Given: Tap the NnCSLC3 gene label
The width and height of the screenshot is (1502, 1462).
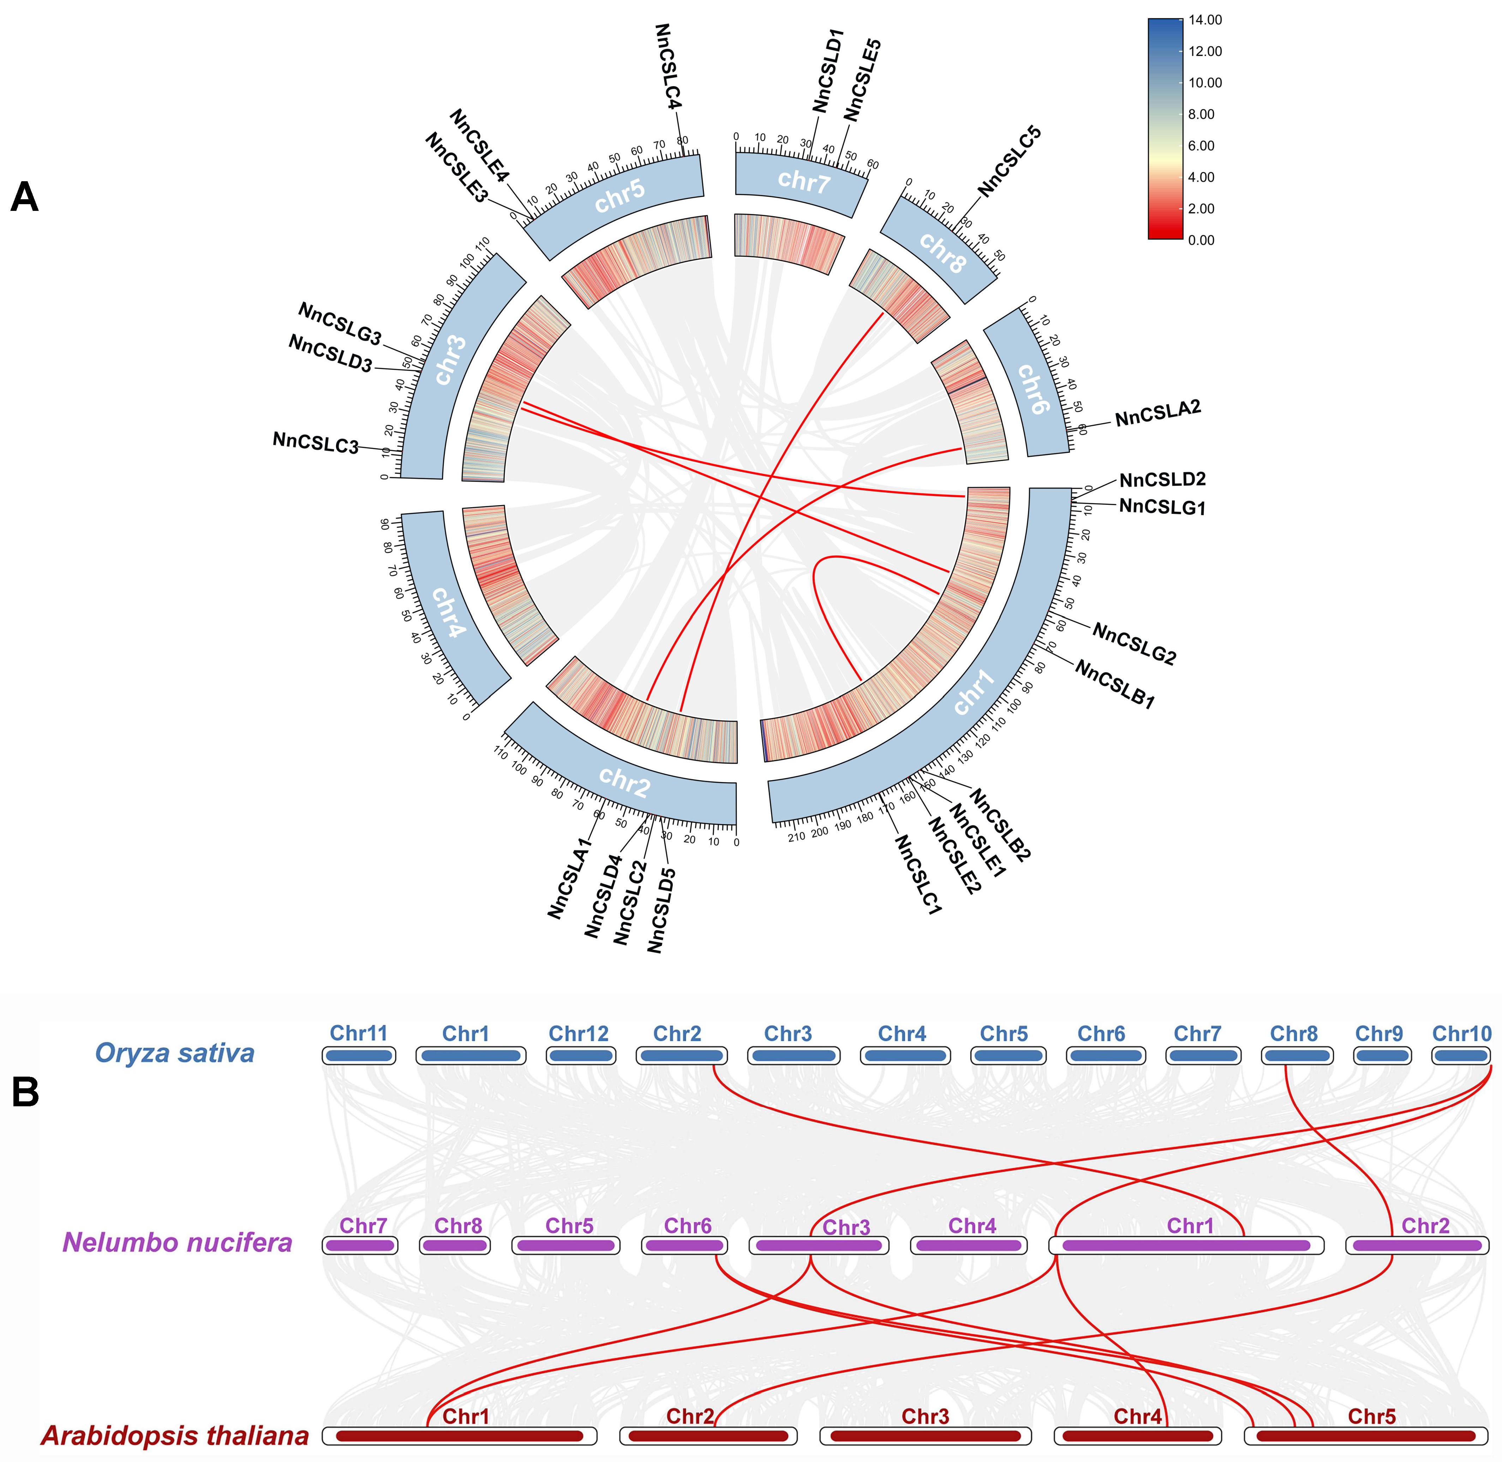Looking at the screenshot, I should pos(316,443).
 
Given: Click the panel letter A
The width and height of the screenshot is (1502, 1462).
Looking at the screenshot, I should pos(25,198).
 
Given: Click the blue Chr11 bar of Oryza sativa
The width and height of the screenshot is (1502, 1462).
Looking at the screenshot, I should pos(358,1056).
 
